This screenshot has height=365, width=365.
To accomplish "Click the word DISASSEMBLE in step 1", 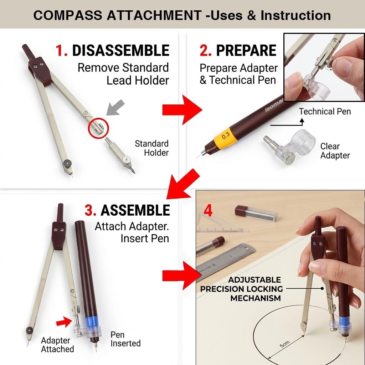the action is point(120,50).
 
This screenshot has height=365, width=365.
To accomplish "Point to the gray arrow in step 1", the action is point(116,107).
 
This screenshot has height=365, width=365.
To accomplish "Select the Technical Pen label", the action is point(325,112).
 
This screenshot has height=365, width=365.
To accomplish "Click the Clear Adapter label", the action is point(335,151).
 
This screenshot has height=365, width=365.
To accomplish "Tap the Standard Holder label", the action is point(151,148).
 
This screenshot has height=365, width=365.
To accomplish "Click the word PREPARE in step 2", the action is point(246,50).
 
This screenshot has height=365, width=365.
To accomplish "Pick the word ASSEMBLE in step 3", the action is point(135,210).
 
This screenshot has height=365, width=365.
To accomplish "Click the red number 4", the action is point(208,211).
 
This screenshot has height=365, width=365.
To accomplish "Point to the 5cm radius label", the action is point(284,344).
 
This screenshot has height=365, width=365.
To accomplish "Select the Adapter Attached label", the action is point(57,345).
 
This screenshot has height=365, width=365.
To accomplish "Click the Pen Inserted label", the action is point(125,339).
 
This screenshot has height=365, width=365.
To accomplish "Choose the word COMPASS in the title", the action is point(68,15).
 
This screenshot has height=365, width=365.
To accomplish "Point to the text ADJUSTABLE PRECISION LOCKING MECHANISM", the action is point(241,289).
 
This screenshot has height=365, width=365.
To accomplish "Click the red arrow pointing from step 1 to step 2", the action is point(182,110).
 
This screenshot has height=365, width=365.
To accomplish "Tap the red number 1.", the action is point(61,50).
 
